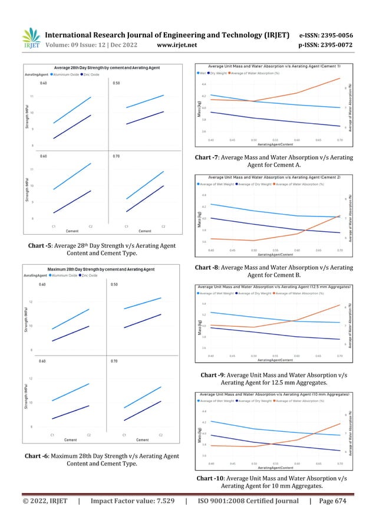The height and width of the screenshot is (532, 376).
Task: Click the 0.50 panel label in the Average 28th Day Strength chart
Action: tap(116, 84)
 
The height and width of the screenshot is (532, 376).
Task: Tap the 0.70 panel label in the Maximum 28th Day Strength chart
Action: tap(116, 361)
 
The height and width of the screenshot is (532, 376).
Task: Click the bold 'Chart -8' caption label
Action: tap(206, 268)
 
